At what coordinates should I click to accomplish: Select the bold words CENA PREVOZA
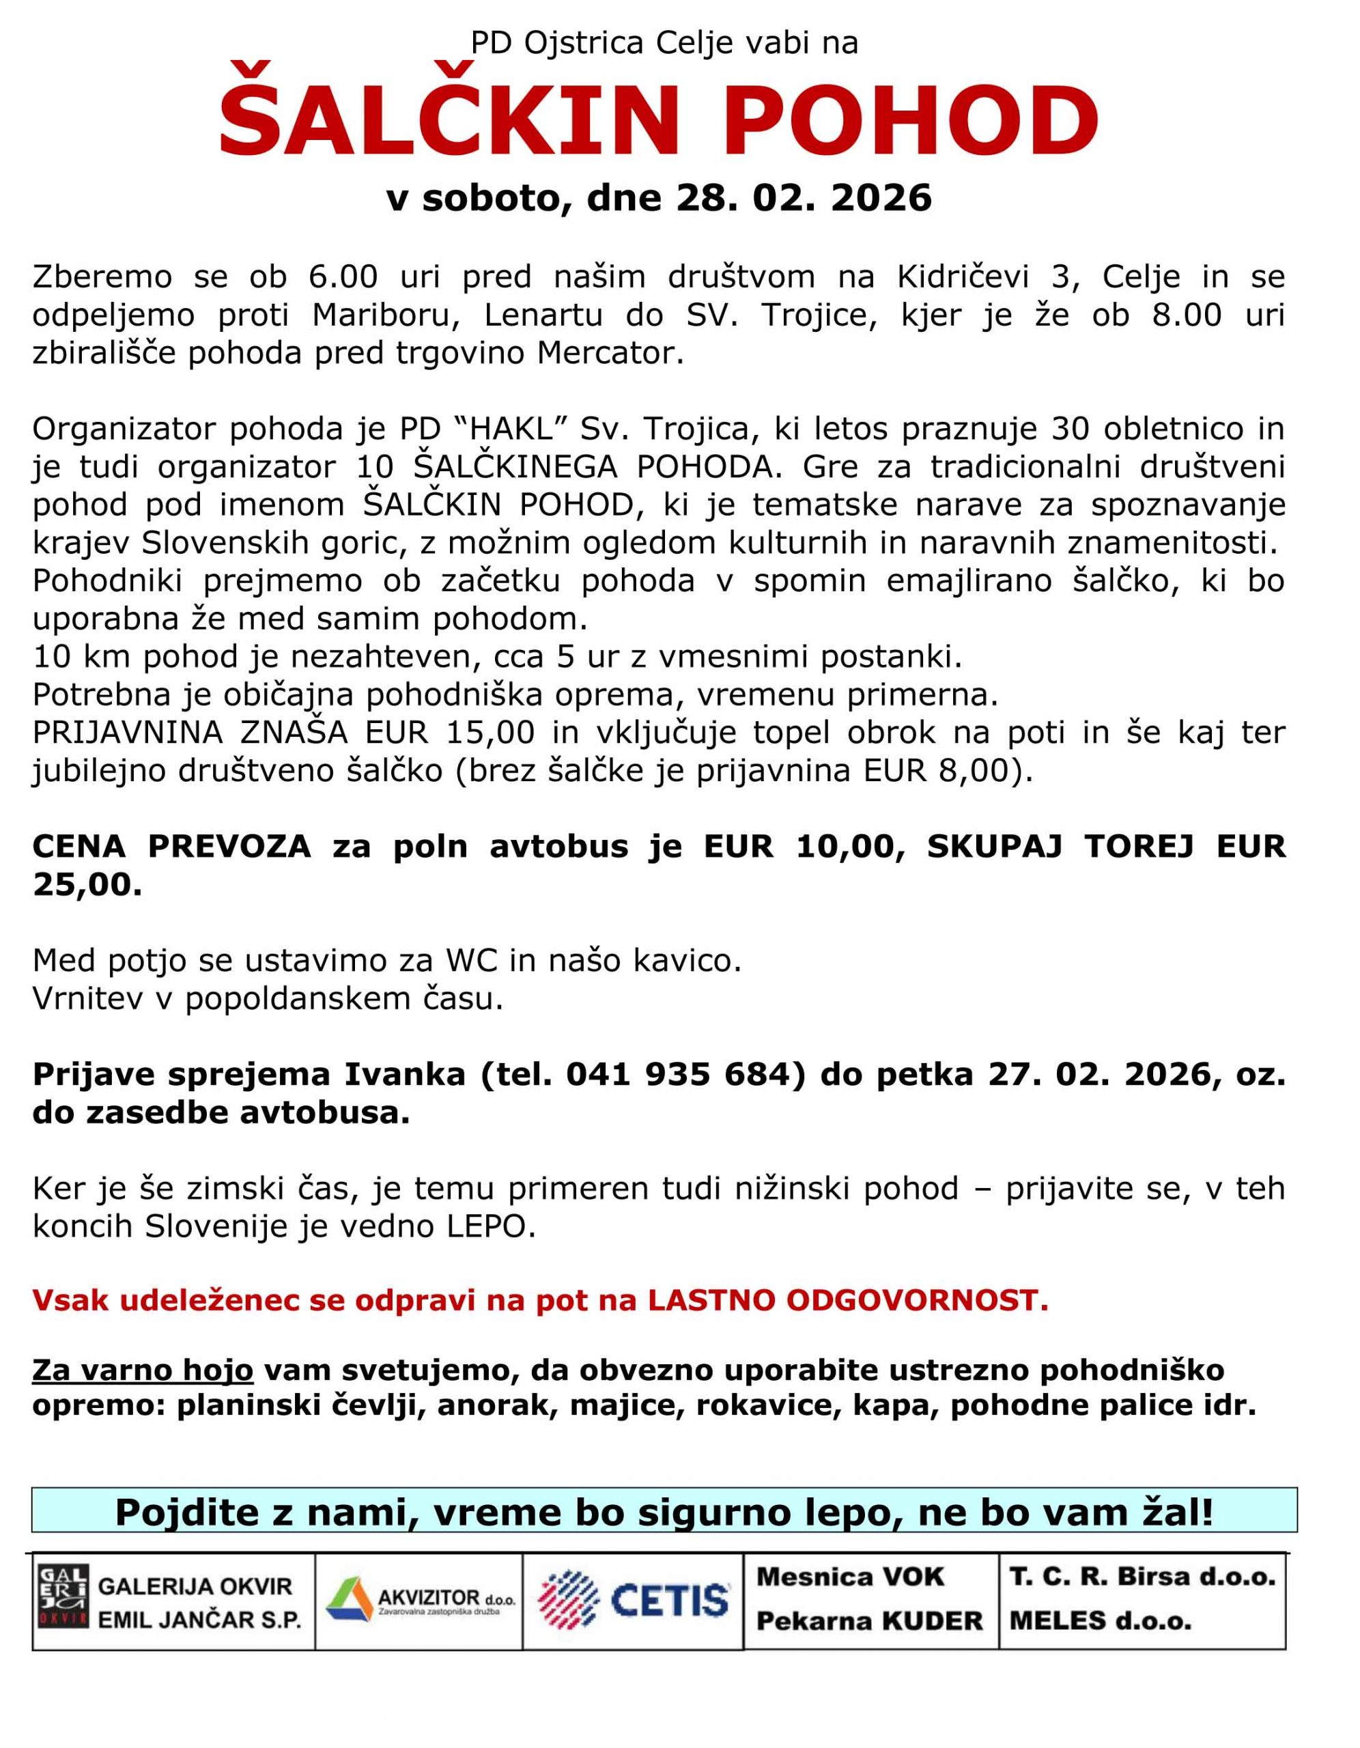coord(171,847)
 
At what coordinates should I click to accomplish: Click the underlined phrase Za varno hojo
coord(143,1370)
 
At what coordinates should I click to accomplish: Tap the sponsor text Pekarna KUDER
coord(869,1622)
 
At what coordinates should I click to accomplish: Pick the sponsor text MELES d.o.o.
coord(1100,1622)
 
